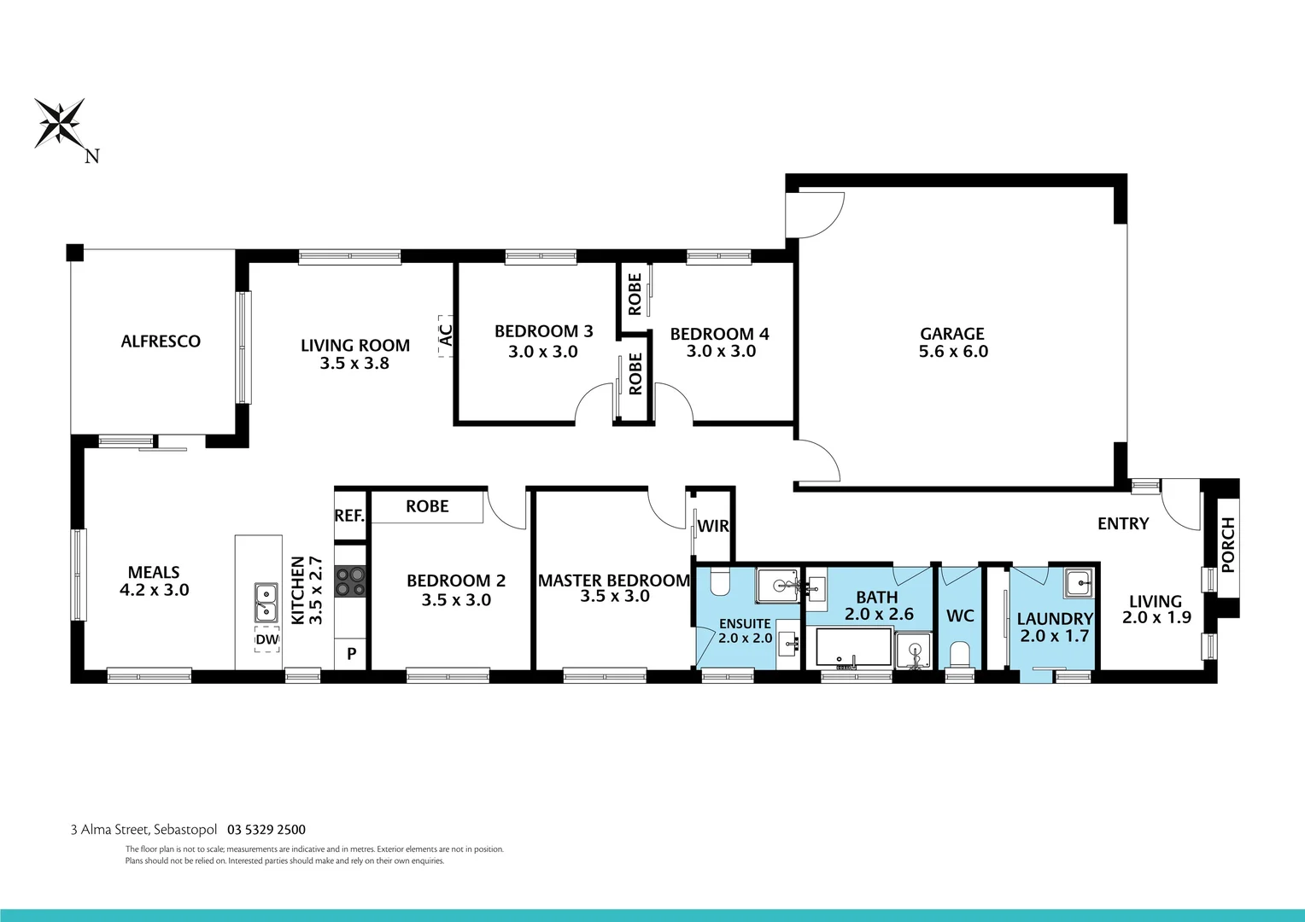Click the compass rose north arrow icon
pos(60,123)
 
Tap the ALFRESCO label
pos(161,341)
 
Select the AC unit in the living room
pos(445,333)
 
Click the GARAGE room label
pos(952,334)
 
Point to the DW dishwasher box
pos(267,639)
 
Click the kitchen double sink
pos(266,601)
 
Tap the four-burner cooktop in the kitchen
pos(350,582)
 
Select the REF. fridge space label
pos(349,516)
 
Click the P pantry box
pos(351,655)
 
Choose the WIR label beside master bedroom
pos(713,526)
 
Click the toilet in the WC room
pos(960,656)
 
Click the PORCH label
pos(1228,545)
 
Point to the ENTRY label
pos(1123,524)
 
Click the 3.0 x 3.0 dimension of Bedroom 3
pos(543,352)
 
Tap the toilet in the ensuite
pos(720,581)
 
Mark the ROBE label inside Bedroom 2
pos(427,506)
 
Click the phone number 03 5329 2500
pos(266,830)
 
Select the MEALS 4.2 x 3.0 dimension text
pos(154,590)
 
